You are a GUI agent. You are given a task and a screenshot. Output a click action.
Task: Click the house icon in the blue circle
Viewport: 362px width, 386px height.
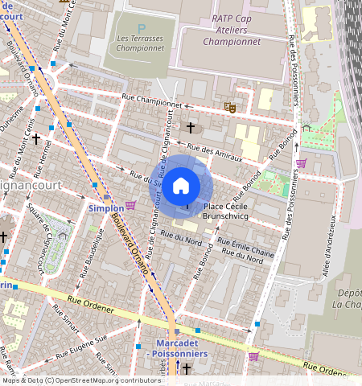tap(182, 185)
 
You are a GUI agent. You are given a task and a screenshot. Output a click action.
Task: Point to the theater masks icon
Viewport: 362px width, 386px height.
tap(229, 105)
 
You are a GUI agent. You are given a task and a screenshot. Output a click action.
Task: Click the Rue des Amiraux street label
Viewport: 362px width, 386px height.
tap(214, 151)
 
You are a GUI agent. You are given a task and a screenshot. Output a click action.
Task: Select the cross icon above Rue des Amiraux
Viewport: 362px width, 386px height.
tap(191, 127)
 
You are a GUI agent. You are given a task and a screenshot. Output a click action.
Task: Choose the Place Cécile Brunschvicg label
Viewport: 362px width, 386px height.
tap(228, 211)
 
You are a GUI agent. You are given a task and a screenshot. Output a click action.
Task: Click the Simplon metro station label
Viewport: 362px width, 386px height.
tap(105, 208)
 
